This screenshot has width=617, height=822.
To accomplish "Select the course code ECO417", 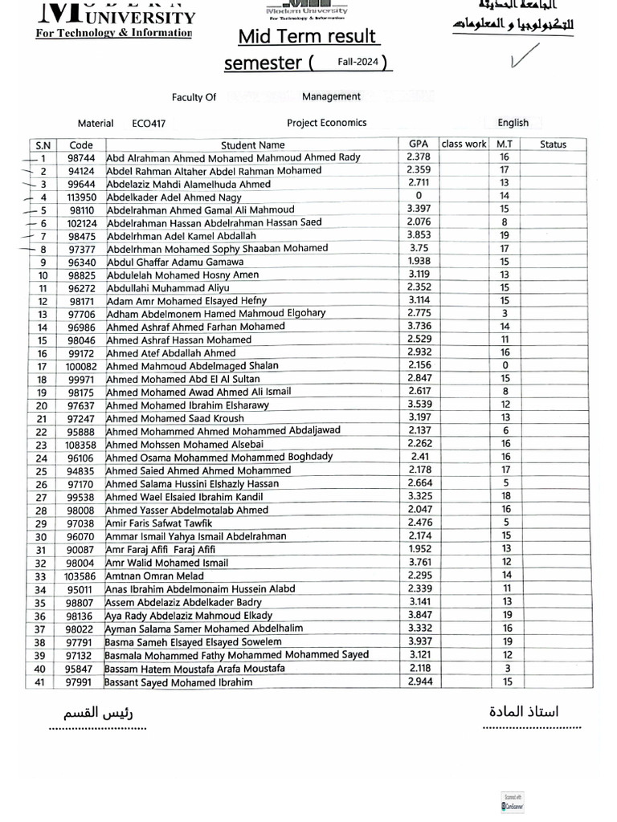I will [x=149, y=124].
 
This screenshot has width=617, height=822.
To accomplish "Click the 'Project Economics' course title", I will [x=326, y=123].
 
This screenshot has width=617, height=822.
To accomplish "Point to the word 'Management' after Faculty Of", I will [x=331, y=96].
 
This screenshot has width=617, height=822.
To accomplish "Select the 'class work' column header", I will [x=464, y=144].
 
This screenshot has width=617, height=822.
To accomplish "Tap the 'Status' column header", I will [x=553, y=144].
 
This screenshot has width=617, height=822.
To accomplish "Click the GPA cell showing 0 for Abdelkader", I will [x=419, y=196].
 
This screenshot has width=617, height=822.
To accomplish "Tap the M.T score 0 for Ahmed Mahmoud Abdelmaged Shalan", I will [x=505, y=365].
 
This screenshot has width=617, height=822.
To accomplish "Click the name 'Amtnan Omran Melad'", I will [x=156, y=576].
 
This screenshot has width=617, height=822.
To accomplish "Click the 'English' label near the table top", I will [x=513, y=123].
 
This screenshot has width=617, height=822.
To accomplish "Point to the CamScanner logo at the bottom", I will [x=512, y=802].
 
